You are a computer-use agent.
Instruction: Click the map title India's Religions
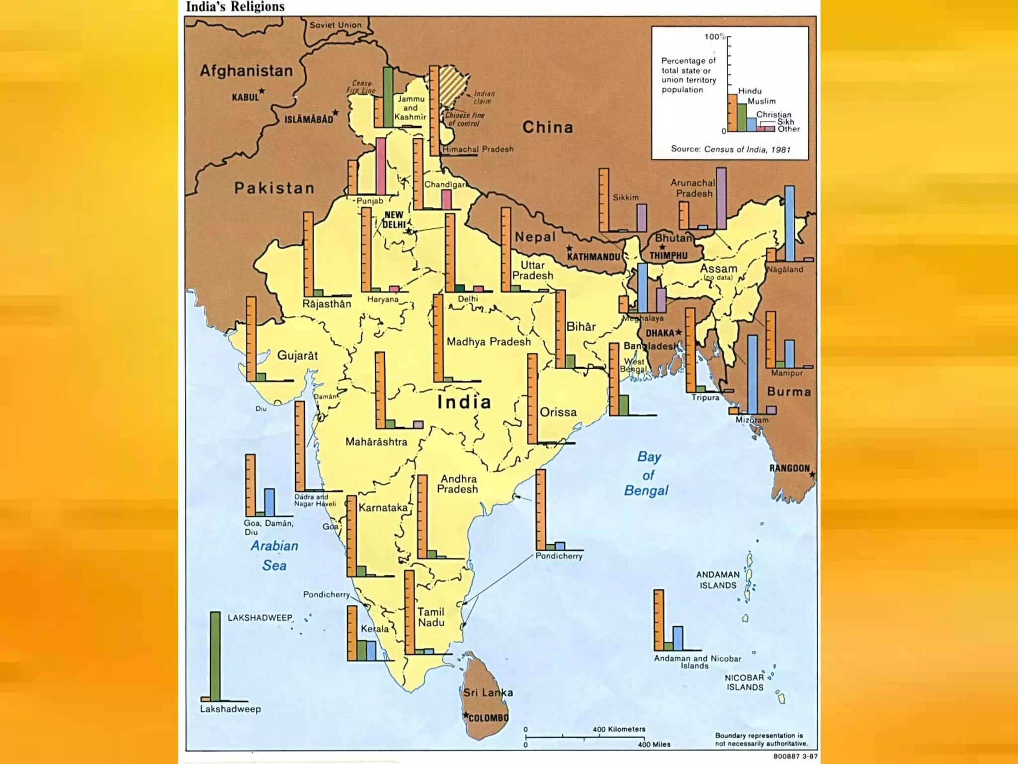235,7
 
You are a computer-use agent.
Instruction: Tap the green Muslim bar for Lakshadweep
215,657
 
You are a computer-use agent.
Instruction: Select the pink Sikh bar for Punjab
381,167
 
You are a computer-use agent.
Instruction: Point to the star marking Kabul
262,91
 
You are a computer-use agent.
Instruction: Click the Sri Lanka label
488,692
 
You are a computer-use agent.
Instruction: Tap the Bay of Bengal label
647,474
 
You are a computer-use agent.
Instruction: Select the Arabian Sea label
274,556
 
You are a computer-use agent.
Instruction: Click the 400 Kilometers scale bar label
619,729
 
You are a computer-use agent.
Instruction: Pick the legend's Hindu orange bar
732,113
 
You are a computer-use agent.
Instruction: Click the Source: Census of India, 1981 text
730,149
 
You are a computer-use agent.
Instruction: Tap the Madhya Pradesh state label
488,342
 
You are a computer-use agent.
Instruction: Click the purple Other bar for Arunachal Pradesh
721,198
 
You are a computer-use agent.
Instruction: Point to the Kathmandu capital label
594,257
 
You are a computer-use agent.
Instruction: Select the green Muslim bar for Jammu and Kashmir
388,97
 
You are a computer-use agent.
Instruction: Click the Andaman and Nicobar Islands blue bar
678,638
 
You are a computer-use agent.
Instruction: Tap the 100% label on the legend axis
714,37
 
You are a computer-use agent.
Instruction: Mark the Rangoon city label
789,468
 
